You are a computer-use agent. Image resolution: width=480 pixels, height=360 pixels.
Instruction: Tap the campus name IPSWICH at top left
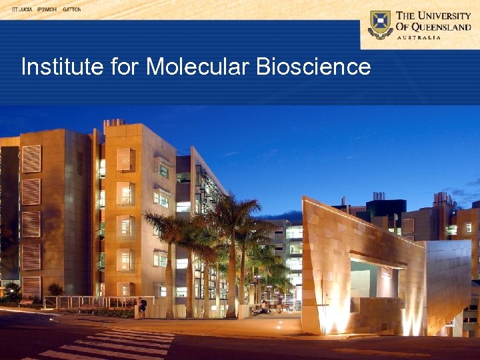click(x=46, y=10)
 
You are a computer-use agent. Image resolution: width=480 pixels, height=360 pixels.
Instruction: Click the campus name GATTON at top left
click(x=71, y=10)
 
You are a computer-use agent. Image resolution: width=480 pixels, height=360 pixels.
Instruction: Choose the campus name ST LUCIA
click(x=22, y=10)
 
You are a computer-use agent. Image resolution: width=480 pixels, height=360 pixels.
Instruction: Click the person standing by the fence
click(x=142, y=308)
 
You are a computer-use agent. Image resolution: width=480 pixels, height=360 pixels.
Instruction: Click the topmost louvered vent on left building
click(x=31, y=159)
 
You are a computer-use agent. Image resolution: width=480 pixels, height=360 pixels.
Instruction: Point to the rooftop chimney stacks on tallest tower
click(x=114, y=123)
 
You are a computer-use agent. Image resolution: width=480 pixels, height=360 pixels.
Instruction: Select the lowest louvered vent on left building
click(x=31, y=287)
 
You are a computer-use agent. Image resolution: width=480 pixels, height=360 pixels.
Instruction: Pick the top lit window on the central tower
click(x=125, y=159)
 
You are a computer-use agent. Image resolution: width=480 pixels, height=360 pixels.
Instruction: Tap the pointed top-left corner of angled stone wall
click(x=304, y=198)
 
